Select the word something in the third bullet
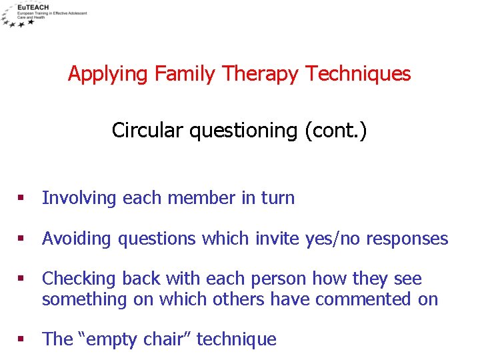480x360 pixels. pyautogui.click(x=84, y=300)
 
